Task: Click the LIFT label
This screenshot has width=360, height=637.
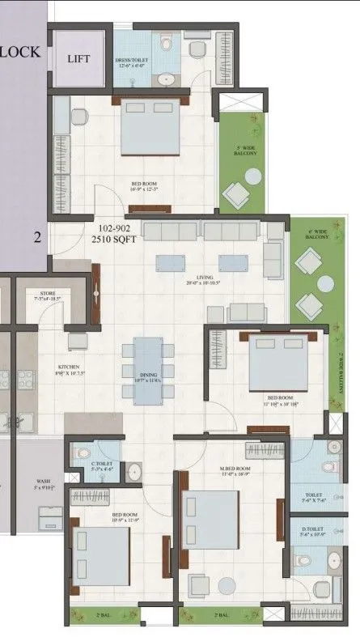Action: pyautogui.click(x=79, y=59)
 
